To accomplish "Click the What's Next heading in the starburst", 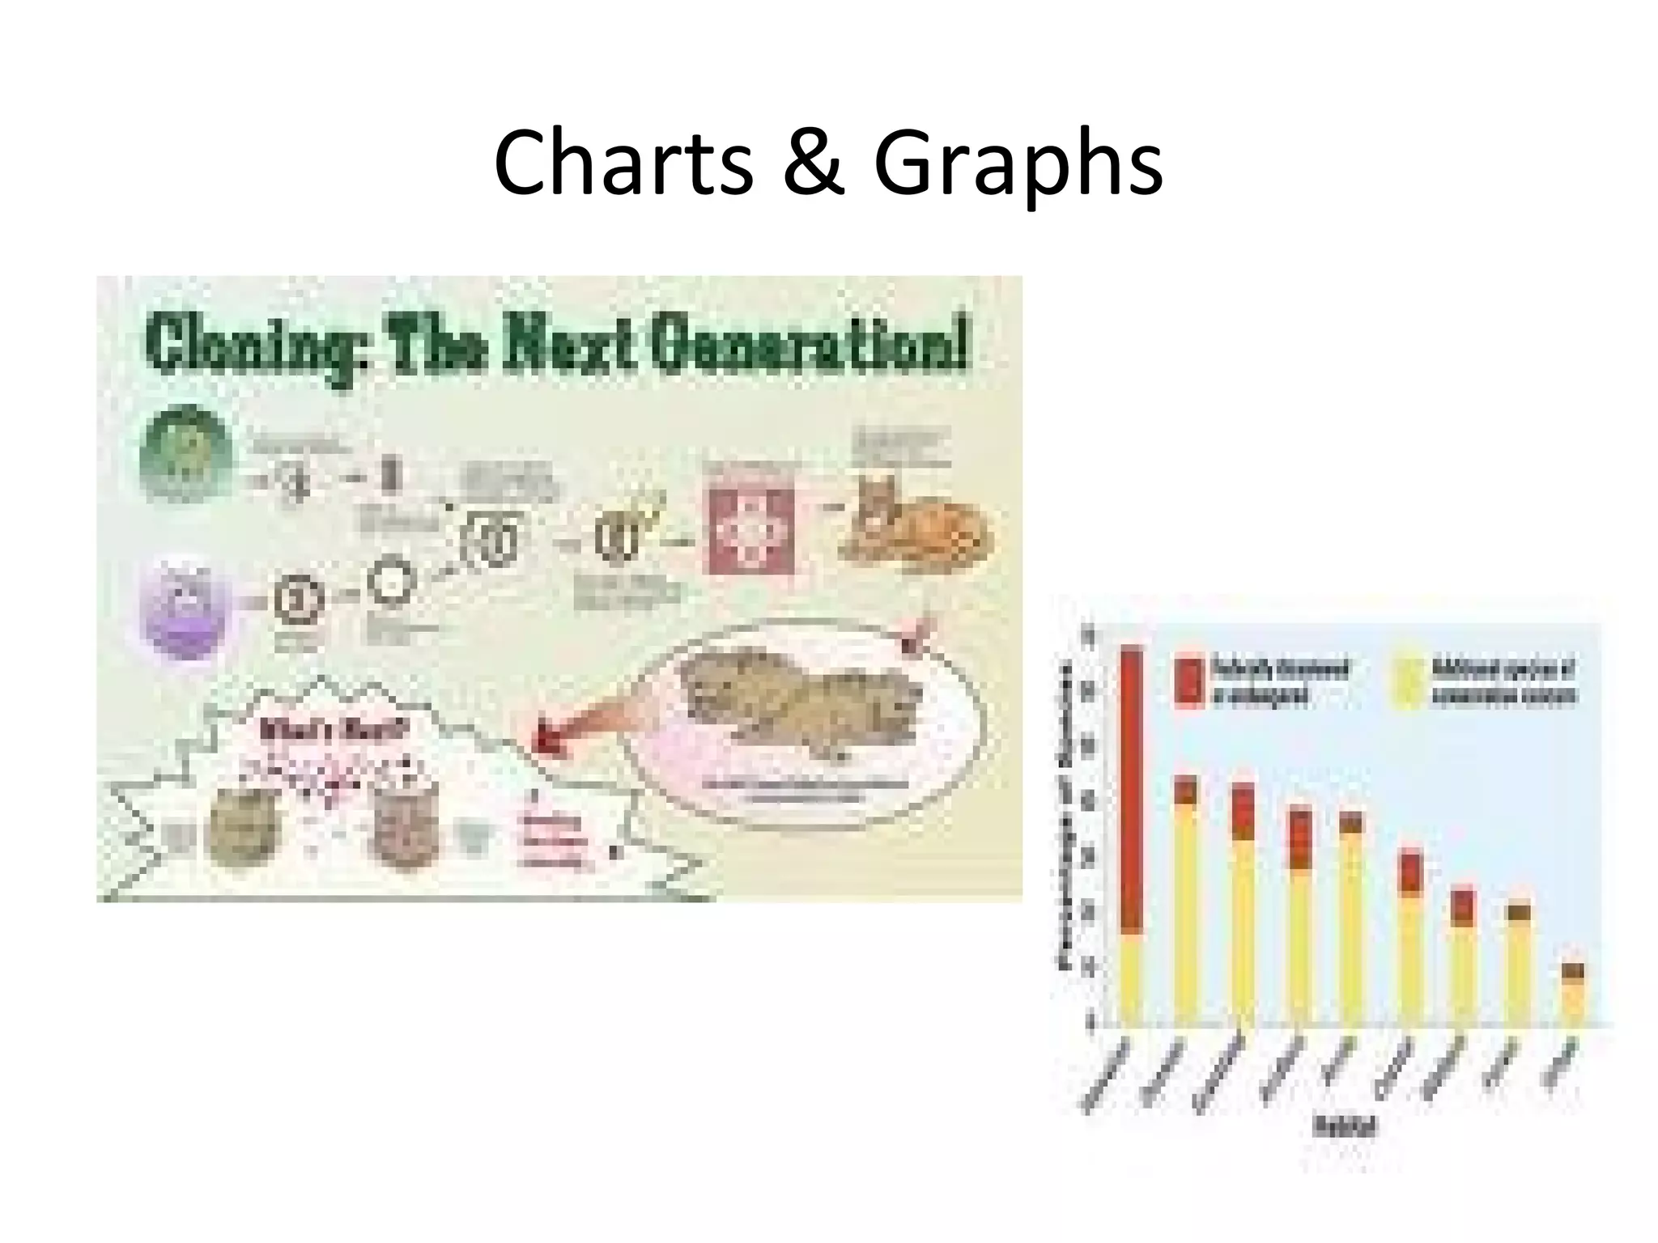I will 334,731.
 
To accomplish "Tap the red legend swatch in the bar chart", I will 1189,683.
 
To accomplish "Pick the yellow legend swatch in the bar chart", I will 1409,683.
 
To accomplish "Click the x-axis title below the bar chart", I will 1345,1126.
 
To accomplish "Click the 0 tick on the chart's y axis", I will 1089,1024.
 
